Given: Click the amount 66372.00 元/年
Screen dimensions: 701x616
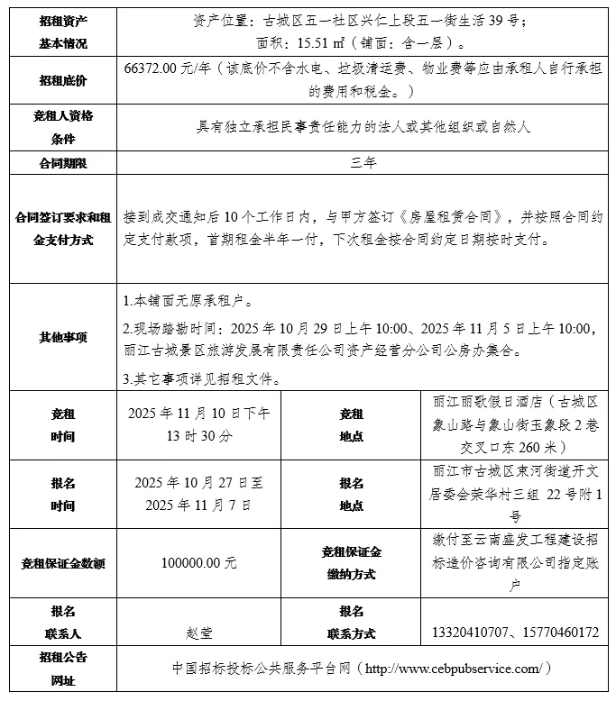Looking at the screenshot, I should (x=173, y=68).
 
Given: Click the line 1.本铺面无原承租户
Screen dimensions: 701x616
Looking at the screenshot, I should (x=188, y=300).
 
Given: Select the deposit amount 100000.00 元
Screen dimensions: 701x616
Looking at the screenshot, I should (x=199, y=563).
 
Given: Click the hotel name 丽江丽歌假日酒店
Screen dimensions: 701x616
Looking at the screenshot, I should (x=489, y=404).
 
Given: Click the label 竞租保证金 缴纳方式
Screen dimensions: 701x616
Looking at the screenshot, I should (x=351, y=562).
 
